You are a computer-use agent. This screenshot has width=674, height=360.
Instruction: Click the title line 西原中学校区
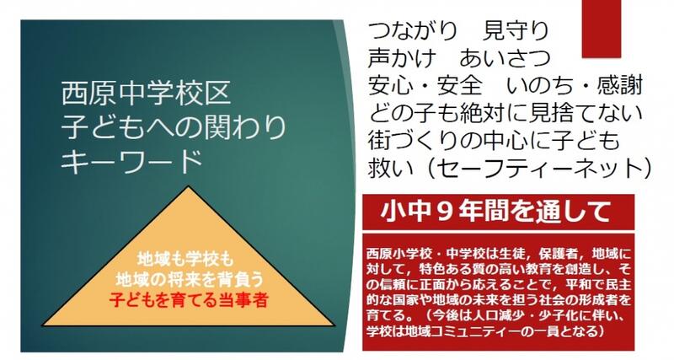click(147, 94)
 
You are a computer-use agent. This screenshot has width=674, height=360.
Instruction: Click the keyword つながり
click(413, 31)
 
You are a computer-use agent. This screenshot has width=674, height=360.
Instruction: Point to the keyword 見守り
click(516, 31)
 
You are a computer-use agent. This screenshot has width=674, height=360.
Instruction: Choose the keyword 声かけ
click(402, 58)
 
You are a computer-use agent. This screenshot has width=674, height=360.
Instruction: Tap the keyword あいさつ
click(505, 58)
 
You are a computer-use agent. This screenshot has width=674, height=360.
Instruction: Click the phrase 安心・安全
click(425, 85)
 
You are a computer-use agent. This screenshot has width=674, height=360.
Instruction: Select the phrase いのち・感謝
click(575, 85)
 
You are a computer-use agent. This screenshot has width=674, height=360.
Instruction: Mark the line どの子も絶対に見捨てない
click(505, 113)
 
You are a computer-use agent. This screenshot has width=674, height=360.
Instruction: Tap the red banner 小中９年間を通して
click(499, 212)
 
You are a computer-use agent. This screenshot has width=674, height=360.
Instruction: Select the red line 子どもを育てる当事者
click(189, 299)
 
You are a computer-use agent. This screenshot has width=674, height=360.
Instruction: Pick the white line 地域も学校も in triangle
click(185, 260)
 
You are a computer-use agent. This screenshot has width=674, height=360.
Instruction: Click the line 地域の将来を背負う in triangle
click(190, 280)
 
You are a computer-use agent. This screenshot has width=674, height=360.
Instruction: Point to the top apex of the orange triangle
click(188, 186)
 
